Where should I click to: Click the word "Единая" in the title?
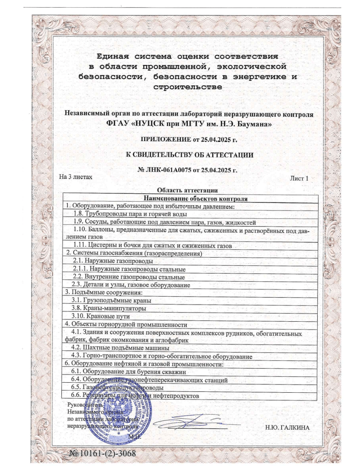click(x=112, y=56)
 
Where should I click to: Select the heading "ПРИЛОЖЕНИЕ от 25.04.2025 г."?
click(x=189, y=139)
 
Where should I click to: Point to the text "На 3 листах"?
click(x=76, y=177)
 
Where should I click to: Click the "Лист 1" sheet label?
click(x=299, y=178)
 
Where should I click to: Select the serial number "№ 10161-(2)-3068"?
click(x=102, y=453)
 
